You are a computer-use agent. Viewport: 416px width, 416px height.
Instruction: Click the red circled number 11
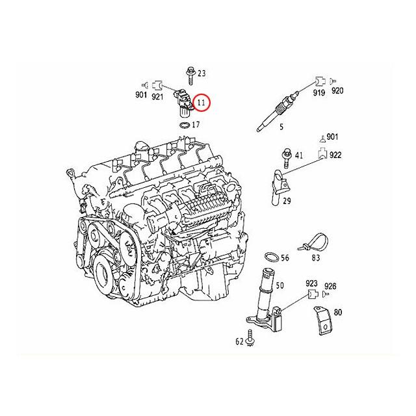pos(201,103)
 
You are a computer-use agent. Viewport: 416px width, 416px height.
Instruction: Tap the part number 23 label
pos(201,73)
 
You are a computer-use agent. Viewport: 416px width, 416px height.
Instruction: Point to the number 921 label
pos(158,96)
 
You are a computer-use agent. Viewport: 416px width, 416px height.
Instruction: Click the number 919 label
pos(318,93)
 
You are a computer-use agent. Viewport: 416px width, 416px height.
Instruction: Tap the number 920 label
pos(337,93)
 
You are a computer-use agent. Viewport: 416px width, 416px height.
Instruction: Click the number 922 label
pos(335,156)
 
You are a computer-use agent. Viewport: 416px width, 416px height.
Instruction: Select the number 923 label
pos(311,284)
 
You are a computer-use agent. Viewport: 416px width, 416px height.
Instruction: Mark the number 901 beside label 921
pos(141,96)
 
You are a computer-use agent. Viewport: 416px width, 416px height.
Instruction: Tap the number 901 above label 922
pos(332,136)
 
